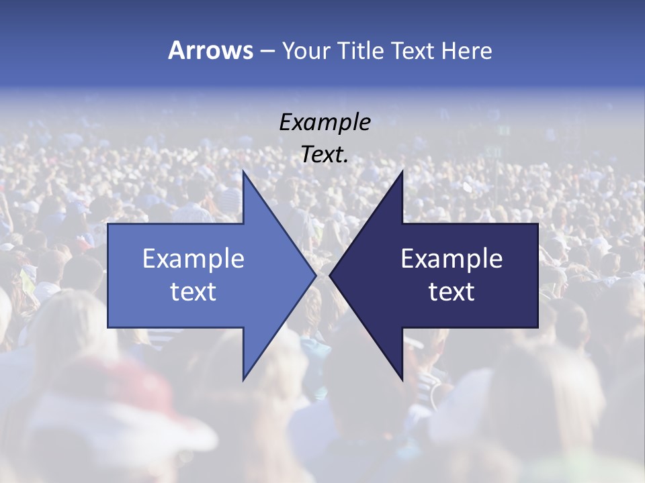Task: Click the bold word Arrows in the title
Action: (x=210, y=50)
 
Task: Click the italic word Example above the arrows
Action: (x=325, y=123)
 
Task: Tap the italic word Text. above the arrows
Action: (x=325, y=155)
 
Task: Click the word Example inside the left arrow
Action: (x=193, y=258)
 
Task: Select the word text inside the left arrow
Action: (x=193, y=292)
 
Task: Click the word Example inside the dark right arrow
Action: (x=451, y=258)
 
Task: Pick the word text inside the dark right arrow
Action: (x=451, y=292)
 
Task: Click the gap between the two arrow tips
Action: (x=322, y=275)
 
